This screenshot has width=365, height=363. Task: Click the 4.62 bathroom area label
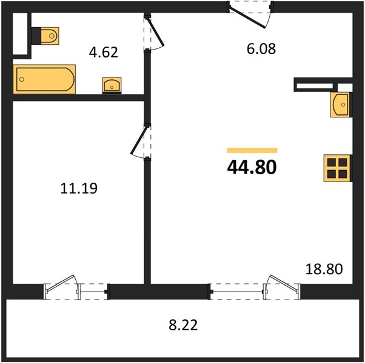pyautogui.click(x=103, y=52)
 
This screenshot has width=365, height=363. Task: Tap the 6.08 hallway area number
pyautogui.click(x=261, y=49)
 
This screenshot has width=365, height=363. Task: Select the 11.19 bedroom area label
pyautogui.click(x=79, y=188)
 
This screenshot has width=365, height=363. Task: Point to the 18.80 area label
pyautogui.click(x=324, y=269)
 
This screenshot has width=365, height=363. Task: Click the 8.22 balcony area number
pyautogui.click(x=183, y=325)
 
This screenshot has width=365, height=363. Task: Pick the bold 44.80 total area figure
pyautogui.click(x=252, y=167)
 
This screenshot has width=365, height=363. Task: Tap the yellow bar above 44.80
pyautogui.click(x=252, y=151)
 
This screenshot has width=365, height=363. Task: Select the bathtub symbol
pyautogui.click(x=44, y=79)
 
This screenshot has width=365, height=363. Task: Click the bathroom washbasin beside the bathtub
pyautogui.click(x=112, y=85)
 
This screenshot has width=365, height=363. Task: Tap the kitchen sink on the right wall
pyautogui.click(x=340, y=105)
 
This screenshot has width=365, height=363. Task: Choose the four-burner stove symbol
pyautogui.click(x=337, y=168)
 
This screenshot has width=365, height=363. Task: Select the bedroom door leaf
pyautogui.click(x=139, y=140)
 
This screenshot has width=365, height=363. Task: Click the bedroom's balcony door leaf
pyautogui.click(x=61, y=283)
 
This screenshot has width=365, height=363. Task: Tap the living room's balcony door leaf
pyautogui.click(x=284, y=283)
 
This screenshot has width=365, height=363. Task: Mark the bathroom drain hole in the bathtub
pyautogui.click(x=22, y=79)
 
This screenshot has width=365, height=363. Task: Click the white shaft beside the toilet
pyautogui.click(x=20, y=34)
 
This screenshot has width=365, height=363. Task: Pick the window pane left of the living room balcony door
pyautogui.click(x=238, y=292)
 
